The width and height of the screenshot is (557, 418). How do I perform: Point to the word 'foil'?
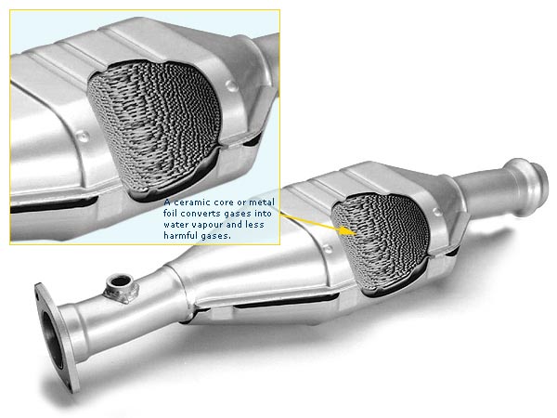click(170, 214)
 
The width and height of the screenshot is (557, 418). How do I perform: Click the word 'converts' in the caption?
click(201, 214)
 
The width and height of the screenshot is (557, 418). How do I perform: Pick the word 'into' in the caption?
click(262, 214)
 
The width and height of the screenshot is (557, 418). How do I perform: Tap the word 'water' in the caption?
click(176, 225)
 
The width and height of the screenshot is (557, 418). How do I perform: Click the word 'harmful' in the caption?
click(180, 235)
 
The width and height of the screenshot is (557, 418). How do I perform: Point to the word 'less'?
click(254, 224)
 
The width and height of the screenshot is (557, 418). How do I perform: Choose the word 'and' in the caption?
click(234, 224)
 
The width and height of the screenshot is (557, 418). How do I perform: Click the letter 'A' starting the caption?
click(167, 202)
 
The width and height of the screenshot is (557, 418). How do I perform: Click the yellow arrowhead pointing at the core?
click(348, 230)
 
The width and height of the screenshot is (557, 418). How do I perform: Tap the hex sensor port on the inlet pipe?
click(121, 288)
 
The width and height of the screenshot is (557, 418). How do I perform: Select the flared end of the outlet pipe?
click(525, 188)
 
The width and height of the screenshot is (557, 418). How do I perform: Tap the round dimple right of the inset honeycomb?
click(231, 85)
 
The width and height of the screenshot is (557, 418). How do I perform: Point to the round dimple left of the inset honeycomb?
click(83, 136)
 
